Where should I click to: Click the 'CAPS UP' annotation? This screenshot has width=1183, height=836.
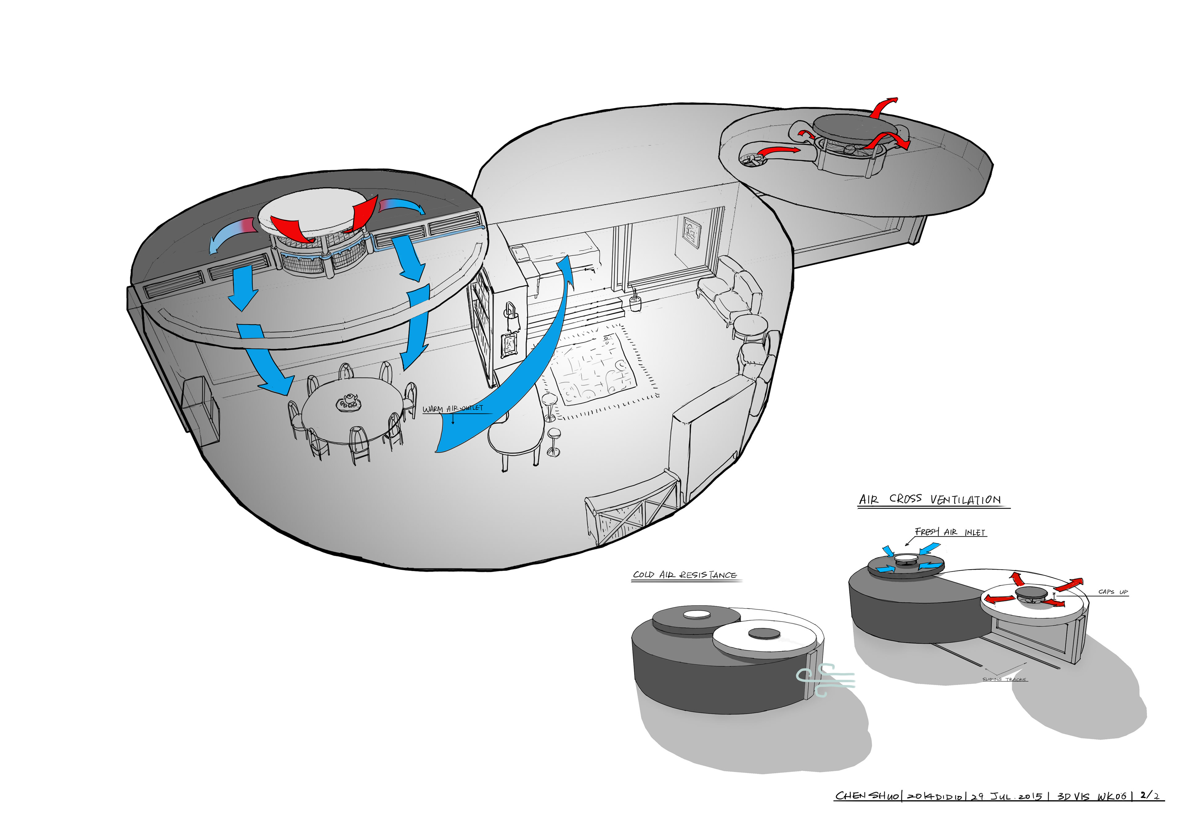pos(1113,592)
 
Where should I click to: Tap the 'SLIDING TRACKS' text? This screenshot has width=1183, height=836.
pos(1004,679)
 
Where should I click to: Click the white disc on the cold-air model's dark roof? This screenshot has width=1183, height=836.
pos(697,614)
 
